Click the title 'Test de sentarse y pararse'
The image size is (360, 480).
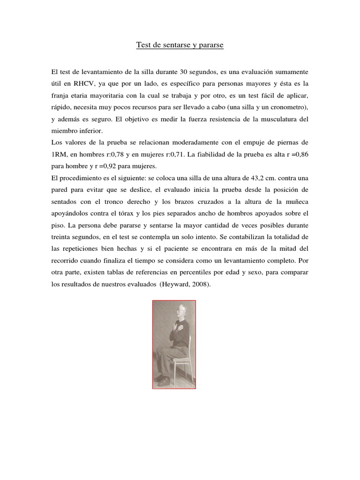pyautogui.click(x=180, y=45)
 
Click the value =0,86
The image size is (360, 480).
pyautogui.click(x=298, y=155)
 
